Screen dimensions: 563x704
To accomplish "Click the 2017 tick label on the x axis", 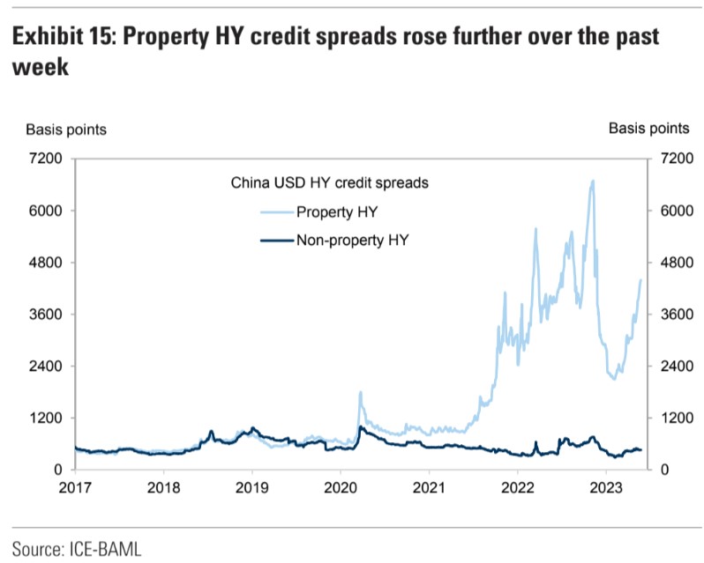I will click(76, 487).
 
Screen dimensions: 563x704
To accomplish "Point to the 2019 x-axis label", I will click(252, 487).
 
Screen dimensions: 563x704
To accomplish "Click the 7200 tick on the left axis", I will click(45, 159).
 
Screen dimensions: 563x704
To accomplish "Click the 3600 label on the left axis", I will click(45, 315).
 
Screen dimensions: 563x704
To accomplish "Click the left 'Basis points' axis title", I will click(66, 130).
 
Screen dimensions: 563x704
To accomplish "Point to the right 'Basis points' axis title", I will click(649, 130).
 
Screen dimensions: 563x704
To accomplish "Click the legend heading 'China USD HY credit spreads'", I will click(330, 184).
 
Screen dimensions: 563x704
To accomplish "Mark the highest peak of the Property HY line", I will click(592, 181).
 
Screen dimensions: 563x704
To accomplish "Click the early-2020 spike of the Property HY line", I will click(360, 392).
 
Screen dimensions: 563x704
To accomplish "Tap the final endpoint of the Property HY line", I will click(640, 280).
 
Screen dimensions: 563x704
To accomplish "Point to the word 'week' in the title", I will click(41, 68).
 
